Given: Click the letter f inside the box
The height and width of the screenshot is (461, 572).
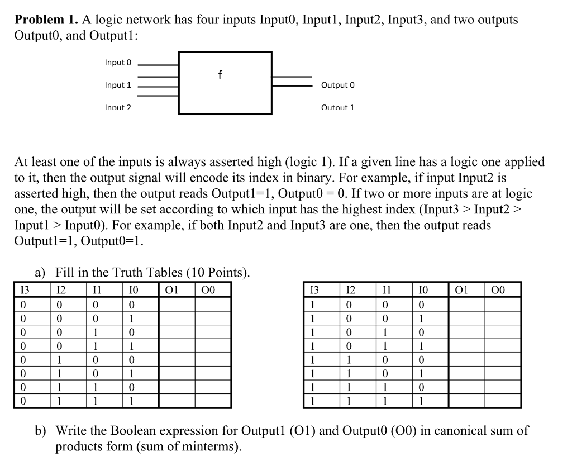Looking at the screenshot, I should tap(220, 74).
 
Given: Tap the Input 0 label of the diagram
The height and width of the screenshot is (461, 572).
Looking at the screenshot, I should tap(118, 63).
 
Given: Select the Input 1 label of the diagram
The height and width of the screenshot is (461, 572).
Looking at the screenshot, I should tap(118, 85).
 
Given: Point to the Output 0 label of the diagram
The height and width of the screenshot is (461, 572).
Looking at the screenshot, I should tap(337, 85).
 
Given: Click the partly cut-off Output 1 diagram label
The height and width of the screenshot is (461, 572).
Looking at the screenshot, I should tap(337, 107).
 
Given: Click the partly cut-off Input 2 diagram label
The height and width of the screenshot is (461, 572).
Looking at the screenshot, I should tap(118, 107).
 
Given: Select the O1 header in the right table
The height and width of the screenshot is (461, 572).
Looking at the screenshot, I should tap(462, 290).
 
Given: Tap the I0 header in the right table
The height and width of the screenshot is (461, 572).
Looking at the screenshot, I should tap(423, 290).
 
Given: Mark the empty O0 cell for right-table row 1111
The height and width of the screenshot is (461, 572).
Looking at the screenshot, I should tap(502, 401).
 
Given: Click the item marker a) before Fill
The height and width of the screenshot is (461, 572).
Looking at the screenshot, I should tap(40, 273).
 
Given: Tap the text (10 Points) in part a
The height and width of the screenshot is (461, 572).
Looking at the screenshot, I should tap(218, 273).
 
